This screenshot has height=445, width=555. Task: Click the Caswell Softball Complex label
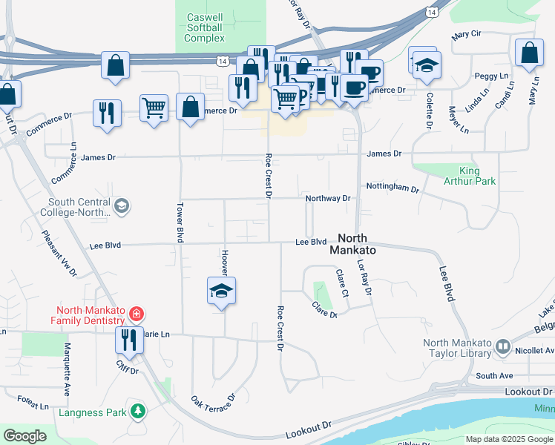tap(205, 27)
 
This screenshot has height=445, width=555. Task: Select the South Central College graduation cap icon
tap(121, 205)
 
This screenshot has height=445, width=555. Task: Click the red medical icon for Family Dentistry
tap(135, 314)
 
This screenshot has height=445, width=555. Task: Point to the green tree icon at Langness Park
tap(137, 409)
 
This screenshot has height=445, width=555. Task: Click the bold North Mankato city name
tap(356, 244)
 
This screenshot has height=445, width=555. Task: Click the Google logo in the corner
tap(24, 436)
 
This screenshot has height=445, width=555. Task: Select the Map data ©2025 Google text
tap(508, 439)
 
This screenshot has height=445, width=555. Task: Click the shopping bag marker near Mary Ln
tap(528, 53)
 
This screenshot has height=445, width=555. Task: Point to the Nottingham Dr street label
tap(393, 188)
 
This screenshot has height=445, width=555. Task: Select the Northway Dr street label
tap(327, 199)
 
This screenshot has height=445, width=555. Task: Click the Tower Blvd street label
tap(180, 222)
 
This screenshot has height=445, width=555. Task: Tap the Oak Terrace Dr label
tap(213, 407)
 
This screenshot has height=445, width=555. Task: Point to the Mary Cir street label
tap(466, 34)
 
